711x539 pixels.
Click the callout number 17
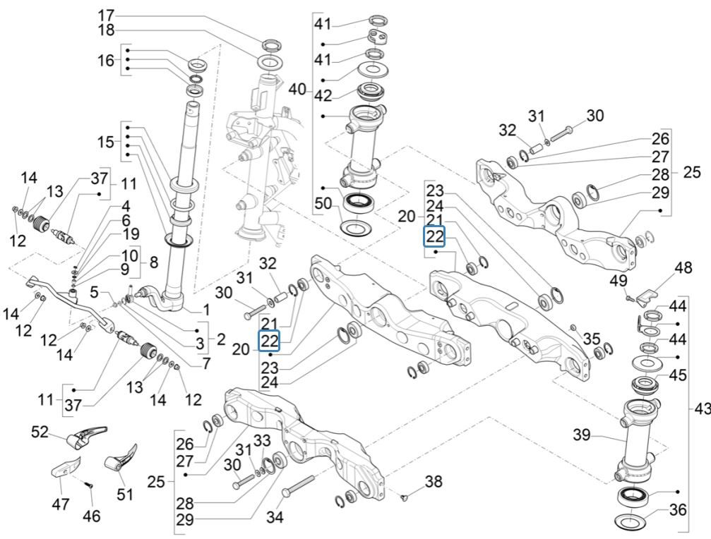(105, 14)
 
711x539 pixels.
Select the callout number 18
(105, 30)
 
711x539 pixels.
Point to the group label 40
(298, 90)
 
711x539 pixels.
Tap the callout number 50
(323, 204)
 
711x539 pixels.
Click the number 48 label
(683, 268)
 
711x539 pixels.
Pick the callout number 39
(581, 437)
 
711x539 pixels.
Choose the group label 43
(700, 409)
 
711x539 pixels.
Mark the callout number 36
(677, 509)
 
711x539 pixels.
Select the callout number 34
(275, 518)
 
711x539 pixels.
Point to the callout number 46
(91, 516)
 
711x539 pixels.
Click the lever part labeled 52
(87, 437)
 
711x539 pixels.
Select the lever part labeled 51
(120, 459)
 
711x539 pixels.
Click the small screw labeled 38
(404, 498)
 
